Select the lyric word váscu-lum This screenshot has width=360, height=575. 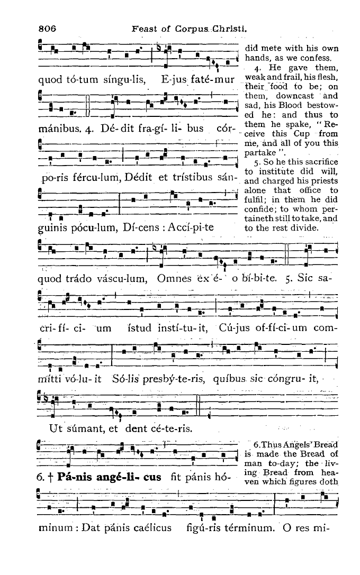(119, 279)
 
